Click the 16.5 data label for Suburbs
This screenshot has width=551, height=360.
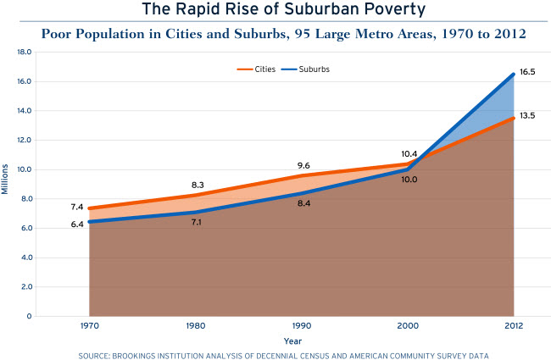click(x=527, y=73)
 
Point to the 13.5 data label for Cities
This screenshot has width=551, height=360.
click(x=527, y=115)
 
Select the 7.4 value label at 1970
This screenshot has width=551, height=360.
click(x=78, y=207)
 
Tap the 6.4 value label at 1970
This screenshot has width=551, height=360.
click(x=78, y=224)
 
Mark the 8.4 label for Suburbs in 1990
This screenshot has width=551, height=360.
click(x=303, y=203)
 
